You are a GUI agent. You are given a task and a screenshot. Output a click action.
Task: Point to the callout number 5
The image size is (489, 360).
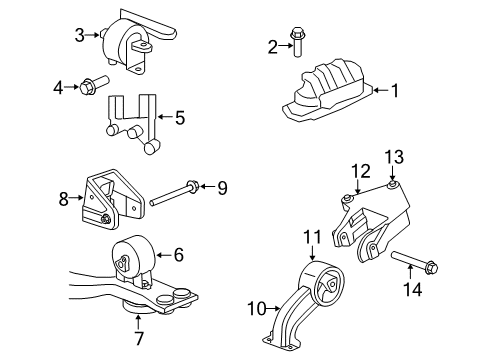click(x=179, y=118)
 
